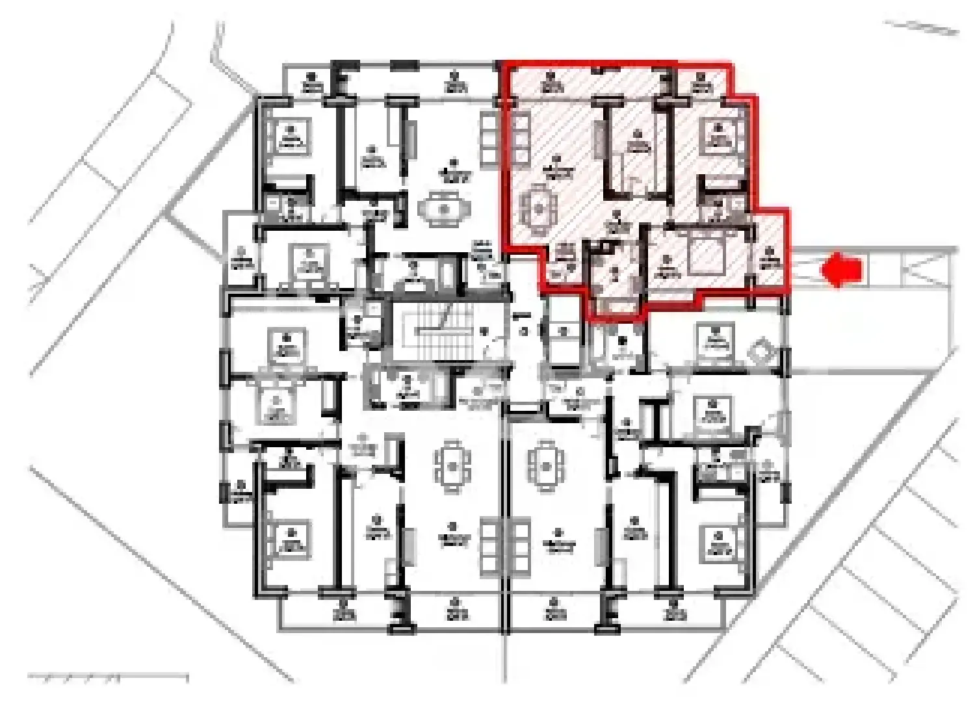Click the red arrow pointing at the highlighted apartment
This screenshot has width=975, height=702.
pyautogui.click(x=842, y=269)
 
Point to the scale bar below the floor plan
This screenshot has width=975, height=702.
pyautogui.click(x=108, y=678)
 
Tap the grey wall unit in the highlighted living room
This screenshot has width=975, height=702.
pyautogui.click(x=597, y=138)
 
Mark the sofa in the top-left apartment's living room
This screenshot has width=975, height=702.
pyautogui.click(x=488, y=138)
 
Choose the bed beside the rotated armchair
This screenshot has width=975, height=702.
pyautogui.click(x=715, y=341)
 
